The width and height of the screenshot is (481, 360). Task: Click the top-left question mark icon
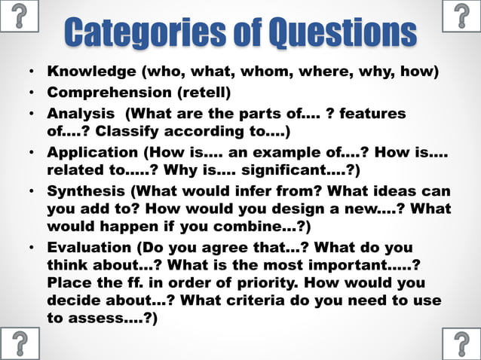point(20,15)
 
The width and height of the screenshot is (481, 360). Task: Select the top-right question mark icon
point(461,15)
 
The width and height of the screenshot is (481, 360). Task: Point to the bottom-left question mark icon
point(20,343)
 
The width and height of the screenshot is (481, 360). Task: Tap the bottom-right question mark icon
point(461,343)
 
